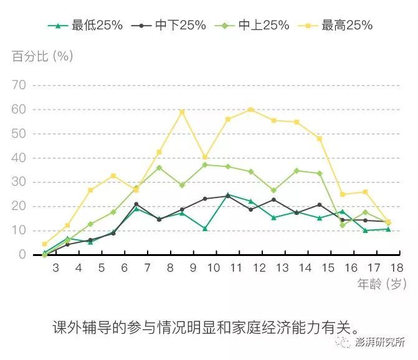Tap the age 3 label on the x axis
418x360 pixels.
click(55, 268)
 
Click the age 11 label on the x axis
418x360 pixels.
click(237, 268)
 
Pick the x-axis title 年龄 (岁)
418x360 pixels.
click(381, 285)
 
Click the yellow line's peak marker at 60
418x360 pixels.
click(250, 110)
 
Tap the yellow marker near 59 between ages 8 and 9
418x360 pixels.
click(182, 112)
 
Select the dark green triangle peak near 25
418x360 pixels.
click(228, 194)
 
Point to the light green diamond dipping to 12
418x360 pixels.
click(342, 225)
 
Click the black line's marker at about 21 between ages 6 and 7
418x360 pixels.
click(136, 204)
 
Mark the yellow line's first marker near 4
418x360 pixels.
click(44, 244)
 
